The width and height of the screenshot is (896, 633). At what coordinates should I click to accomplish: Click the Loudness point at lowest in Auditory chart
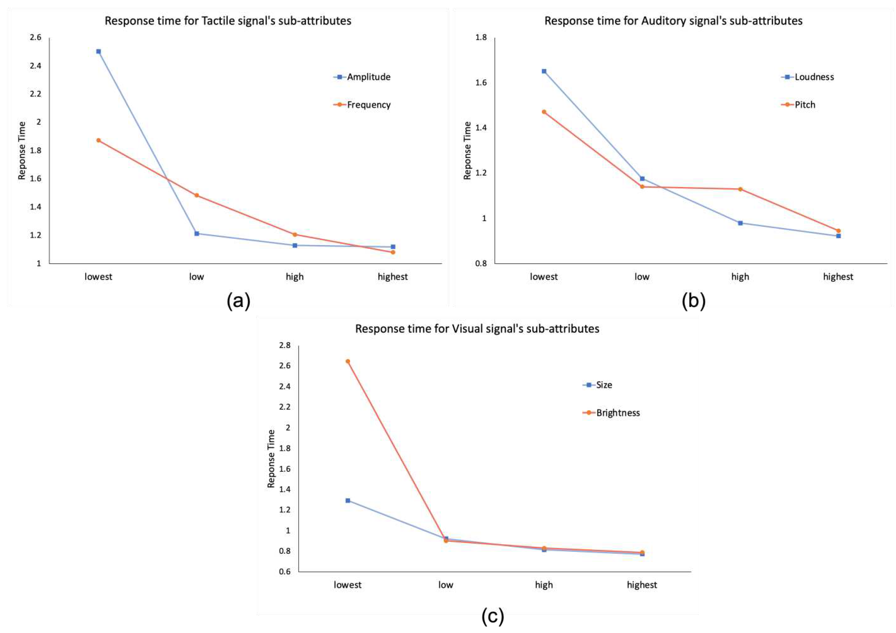[x=544, y=71]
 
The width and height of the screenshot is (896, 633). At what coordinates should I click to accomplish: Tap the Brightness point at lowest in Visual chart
[x=348, y=361]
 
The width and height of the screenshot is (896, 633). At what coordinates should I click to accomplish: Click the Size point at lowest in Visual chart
[x=348, y=500]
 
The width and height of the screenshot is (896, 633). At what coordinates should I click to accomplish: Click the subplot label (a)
[x=238, y=301]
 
